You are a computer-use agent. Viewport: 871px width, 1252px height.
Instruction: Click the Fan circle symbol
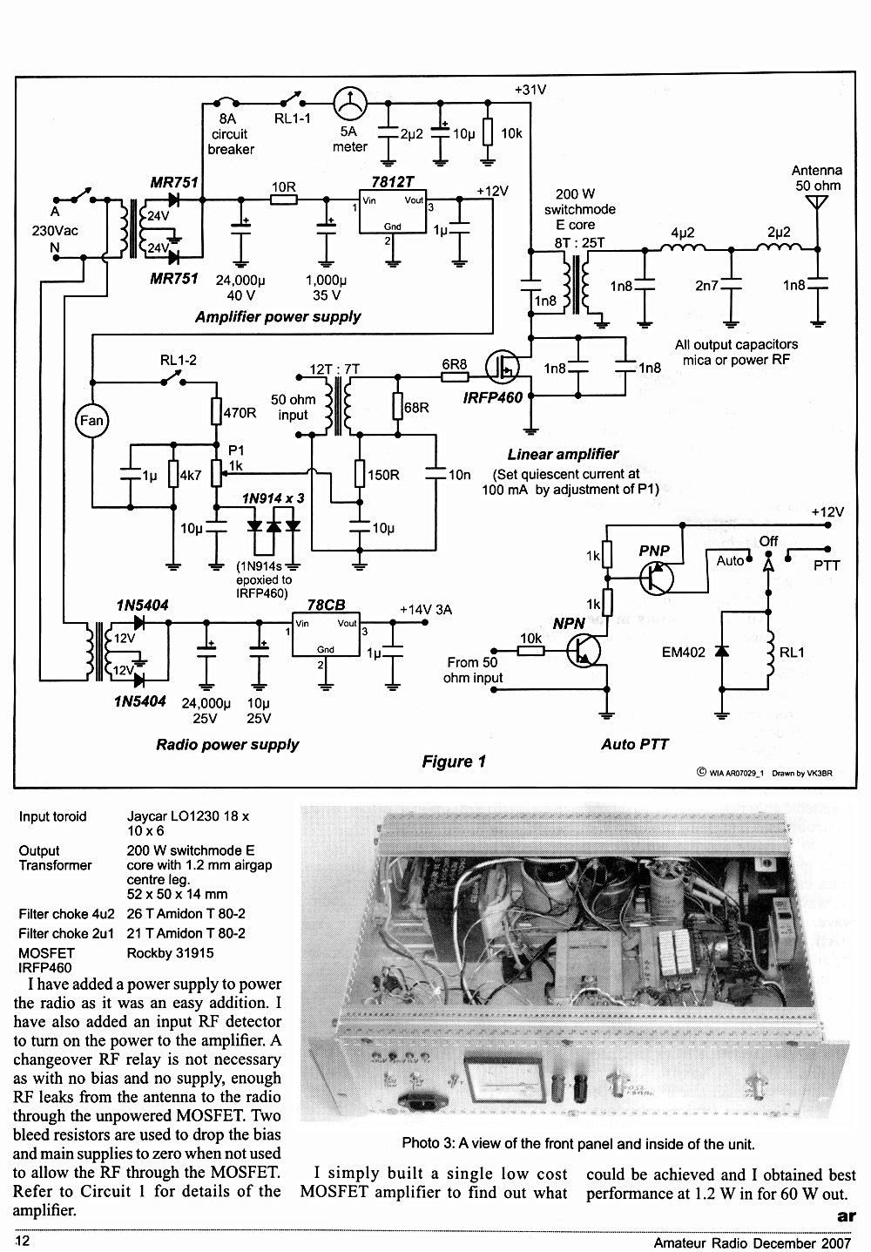click(x=91, y=420)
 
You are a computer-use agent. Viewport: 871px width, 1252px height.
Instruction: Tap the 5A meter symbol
click(x=350, y=104)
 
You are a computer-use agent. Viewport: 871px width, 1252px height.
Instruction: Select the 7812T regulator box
click(x=393, y=212)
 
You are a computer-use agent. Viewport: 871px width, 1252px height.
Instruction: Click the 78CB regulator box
click(x=326, y=634)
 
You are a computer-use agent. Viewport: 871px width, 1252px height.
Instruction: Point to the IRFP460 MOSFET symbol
click(x=503, y=367)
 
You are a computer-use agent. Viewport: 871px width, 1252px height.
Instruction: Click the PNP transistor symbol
click(x=657, y=579)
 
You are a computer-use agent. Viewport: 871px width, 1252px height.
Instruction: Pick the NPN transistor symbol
click(x=584, y=650)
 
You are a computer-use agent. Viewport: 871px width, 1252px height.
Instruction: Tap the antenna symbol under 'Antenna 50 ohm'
click(x=817, y=203)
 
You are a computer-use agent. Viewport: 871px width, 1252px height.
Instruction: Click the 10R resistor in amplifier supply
click(x=284, y=200)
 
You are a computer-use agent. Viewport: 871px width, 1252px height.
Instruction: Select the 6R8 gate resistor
click(x=455, y=376)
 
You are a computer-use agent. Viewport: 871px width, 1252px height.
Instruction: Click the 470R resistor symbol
click(x=216, y=412)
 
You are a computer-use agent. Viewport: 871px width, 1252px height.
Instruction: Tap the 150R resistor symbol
click(x=360, y=474)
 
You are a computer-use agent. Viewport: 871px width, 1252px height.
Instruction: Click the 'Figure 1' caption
click(x=454, y=761)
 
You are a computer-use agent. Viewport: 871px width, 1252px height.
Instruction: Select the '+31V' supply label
click(x=530, y=90)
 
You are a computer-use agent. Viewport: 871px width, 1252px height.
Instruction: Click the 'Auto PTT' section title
click(x=635, y=744)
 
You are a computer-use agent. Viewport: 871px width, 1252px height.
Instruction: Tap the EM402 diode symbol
click(x=722, y=651)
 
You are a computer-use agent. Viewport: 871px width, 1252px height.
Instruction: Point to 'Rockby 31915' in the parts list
click(x=170, y=953)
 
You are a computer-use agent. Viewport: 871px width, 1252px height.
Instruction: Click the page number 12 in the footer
click(x=23, y=1242)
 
